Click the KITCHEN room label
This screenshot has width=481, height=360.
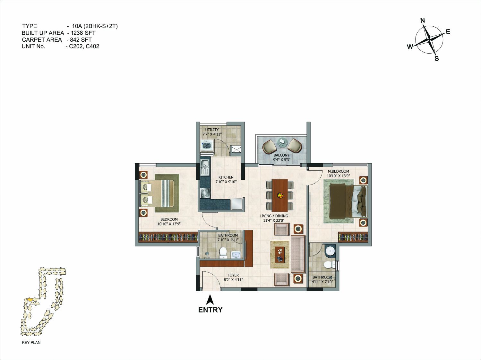(226, 177)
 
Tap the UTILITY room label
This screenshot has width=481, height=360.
(212, 130)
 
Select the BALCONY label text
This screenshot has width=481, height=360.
(281, 155)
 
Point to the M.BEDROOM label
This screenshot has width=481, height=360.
(338, 171)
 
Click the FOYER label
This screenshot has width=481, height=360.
(233, 275)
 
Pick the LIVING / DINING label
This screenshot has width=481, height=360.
(274, 216)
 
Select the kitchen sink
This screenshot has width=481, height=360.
(205, 168)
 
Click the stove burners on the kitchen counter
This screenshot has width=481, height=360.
(205, 193)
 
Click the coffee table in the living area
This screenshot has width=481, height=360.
(280, 255)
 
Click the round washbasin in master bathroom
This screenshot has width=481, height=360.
(330, 251)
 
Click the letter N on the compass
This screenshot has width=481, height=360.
(423, 21)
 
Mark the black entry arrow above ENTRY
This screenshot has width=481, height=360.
(210, 300)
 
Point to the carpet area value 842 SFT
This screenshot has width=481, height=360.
(81, 40)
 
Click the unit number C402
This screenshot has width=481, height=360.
(92, 46)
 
